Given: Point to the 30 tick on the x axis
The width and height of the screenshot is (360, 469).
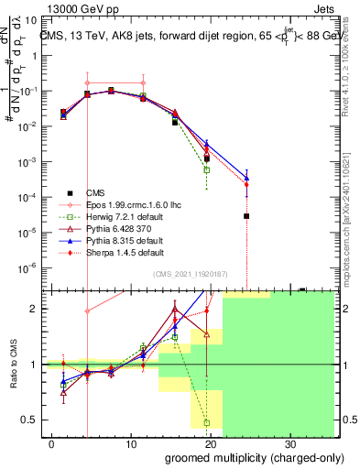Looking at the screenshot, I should tap(289, 442).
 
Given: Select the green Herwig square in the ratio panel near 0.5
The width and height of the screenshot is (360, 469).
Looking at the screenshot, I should tap(207, 422).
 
